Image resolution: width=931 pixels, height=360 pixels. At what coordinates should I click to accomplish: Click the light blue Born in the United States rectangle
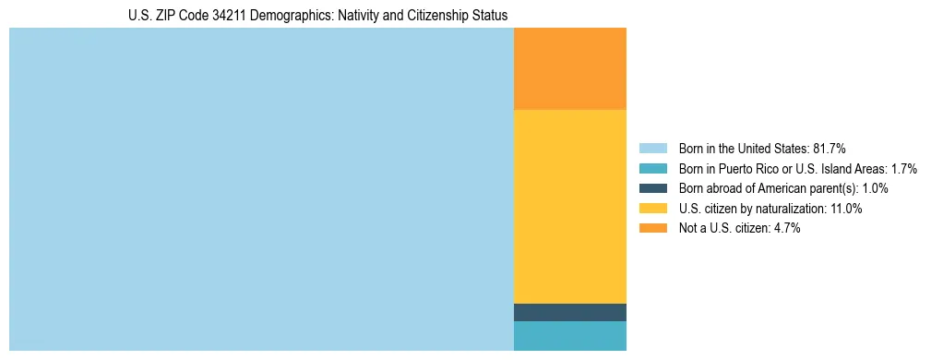[x=261, y=189]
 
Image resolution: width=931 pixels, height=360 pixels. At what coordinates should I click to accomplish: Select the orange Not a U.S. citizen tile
[x=569, y=69]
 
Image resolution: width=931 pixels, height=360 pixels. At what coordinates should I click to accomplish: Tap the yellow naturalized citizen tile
[x=569, y=206]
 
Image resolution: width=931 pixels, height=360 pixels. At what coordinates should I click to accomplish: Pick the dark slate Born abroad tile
[x=569, y=312]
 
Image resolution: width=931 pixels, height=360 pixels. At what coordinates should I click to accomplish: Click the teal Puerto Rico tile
[x=569, y=335]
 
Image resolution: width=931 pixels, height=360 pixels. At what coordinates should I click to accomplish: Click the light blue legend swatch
[x=652, y=149]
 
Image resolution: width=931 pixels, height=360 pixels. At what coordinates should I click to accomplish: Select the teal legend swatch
[x=652, y=169]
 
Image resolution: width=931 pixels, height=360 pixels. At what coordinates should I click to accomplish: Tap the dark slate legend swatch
[x=652, y=189]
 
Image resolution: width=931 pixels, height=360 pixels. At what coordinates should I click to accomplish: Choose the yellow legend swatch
[x=652, y=209]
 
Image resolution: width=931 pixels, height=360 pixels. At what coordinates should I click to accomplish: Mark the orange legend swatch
[x=652, y=229]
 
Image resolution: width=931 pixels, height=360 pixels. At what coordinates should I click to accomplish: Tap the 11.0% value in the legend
[x=845, y=209]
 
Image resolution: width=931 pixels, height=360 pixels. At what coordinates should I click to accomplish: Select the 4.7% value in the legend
[x=786, y=229]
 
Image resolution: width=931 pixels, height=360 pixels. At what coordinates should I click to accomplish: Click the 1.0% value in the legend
[x=873, y=189]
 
